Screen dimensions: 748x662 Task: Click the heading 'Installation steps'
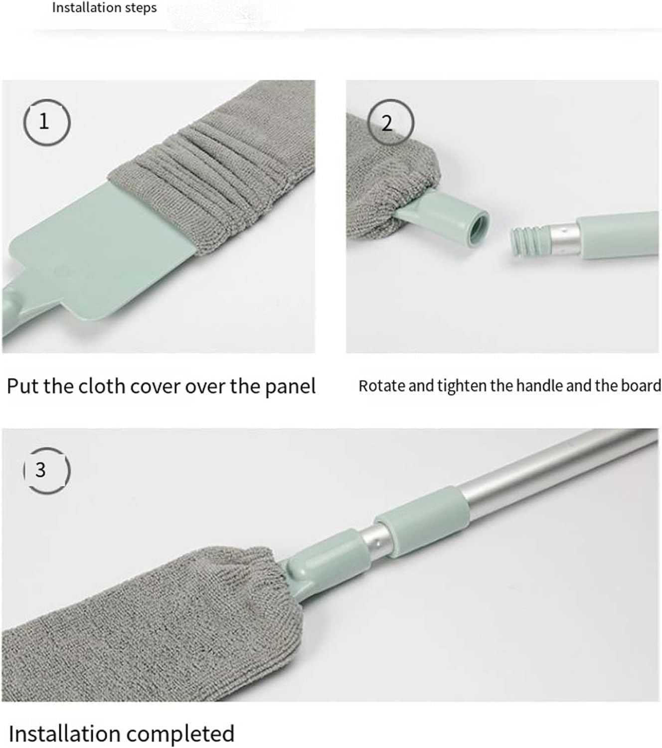tap(104, 8)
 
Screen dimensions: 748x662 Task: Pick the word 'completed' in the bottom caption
tap(179, 734)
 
